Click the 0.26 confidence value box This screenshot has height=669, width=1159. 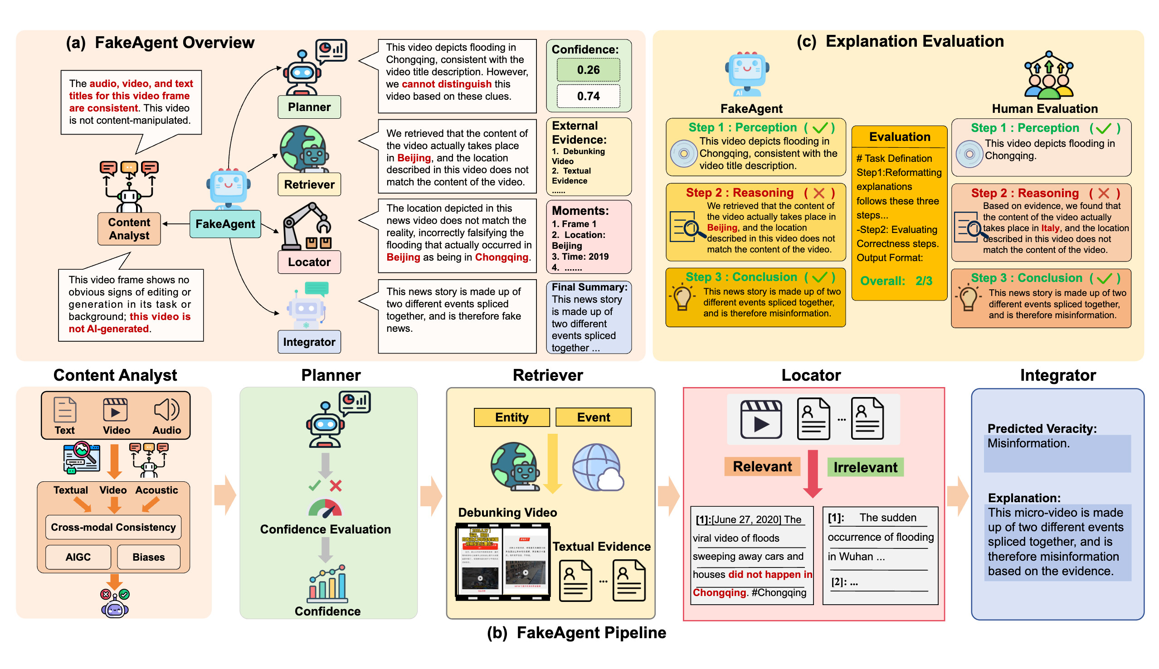[x=588, y=70]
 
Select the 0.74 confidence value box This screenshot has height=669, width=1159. [x=588, y=96]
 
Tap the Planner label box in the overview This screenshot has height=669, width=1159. [x=309, y=107]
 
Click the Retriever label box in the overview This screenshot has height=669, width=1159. [x=309, y=184]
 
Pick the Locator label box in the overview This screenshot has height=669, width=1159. [x=309, y=262]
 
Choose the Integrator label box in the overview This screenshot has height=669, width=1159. [x=309, y=342]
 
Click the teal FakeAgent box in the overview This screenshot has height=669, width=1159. [x=225, y=224]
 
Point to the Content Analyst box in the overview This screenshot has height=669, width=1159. [x=129, y=229]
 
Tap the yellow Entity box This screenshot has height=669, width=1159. [x=511, y=417]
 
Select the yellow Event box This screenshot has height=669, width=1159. [x=593, y=417]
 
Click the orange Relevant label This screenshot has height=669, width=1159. [x=761, y=466]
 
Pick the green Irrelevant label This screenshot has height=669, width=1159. [x=864, y=467]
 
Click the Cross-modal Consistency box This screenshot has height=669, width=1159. [x=113, y=527]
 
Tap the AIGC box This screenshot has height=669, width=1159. [x=78, y=557]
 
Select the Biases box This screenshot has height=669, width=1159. [x=148, y=557]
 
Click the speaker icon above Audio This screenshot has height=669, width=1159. [x=166, y=409]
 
